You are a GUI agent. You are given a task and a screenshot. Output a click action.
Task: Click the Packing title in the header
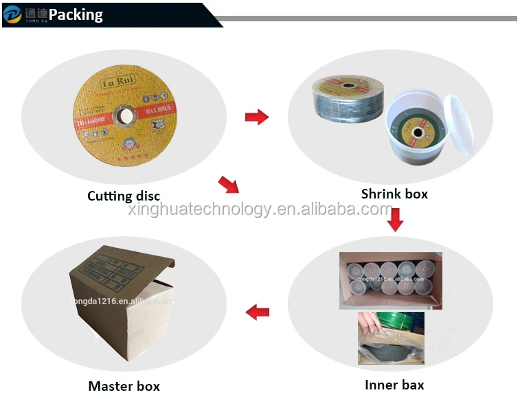(x=76, y=14)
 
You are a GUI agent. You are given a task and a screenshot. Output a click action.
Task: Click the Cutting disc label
(x=124, y=196)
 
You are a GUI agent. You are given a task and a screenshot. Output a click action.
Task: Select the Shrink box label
(x=394, y=194)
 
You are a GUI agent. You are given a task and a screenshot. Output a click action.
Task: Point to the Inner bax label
(x=394, y=385)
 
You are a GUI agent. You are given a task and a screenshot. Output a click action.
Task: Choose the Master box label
(x=124, y=386)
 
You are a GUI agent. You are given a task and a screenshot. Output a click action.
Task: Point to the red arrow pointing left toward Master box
(x=257, y=313)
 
